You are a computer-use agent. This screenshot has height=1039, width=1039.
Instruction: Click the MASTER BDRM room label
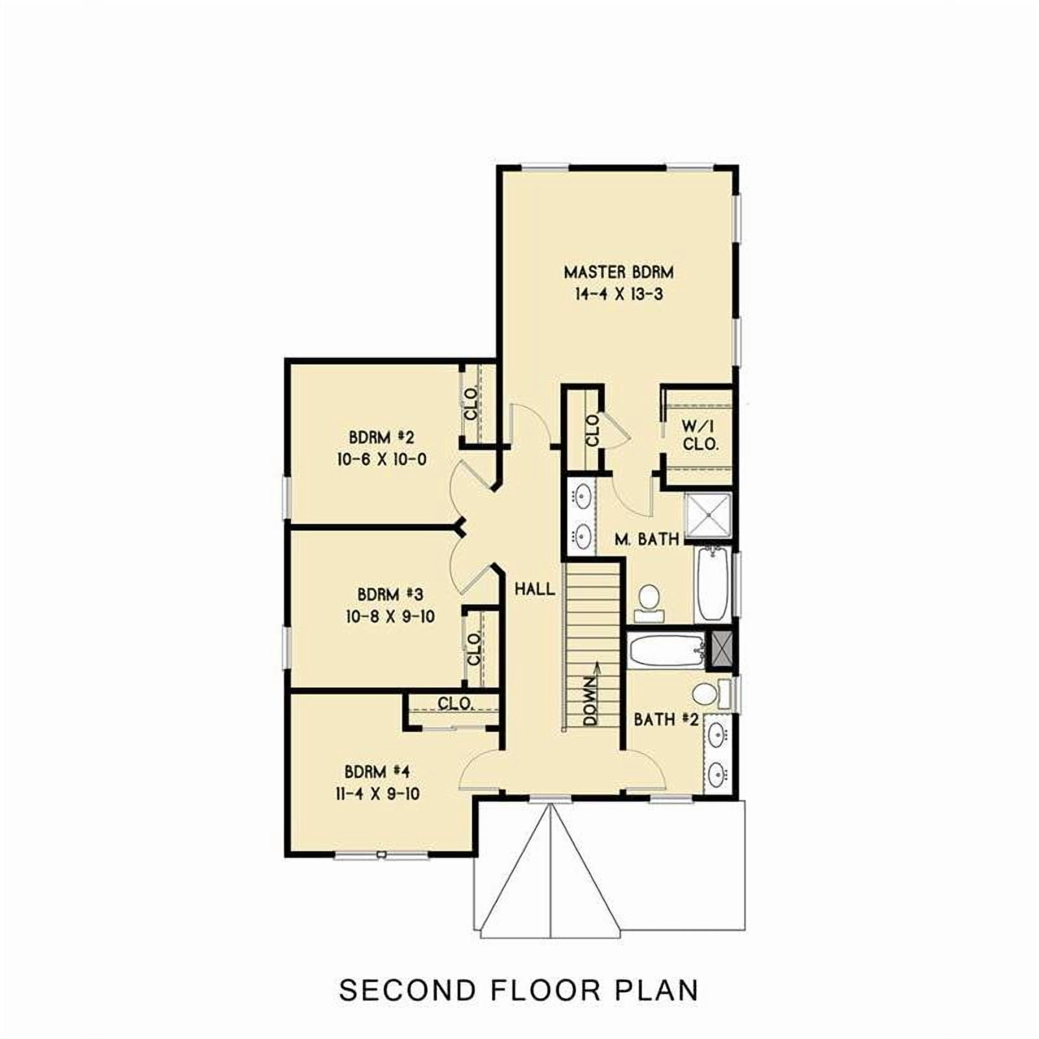tap(618, 271)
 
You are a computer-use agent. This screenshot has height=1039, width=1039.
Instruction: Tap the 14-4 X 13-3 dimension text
tap(618, 294)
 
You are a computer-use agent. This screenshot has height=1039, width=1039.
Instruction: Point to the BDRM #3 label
tap(390, 594)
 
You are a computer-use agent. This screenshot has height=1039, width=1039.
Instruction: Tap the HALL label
tap(535, 589)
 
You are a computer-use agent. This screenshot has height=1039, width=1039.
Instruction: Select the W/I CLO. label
tap(700, 436)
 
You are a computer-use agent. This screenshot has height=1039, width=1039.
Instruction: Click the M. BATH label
tap(647, 538)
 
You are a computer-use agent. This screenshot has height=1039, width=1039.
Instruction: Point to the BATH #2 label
tap(666, 720)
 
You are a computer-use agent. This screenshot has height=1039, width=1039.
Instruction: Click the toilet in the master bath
tap(647, 599)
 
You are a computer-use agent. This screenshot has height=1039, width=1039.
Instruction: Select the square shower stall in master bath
tap(708, 517)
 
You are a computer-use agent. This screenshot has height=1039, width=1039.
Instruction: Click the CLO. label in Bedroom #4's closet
tap(455, 703)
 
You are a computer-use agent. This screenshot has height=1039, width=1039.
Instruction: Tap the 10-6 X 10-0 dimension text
tap(382, 459)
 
